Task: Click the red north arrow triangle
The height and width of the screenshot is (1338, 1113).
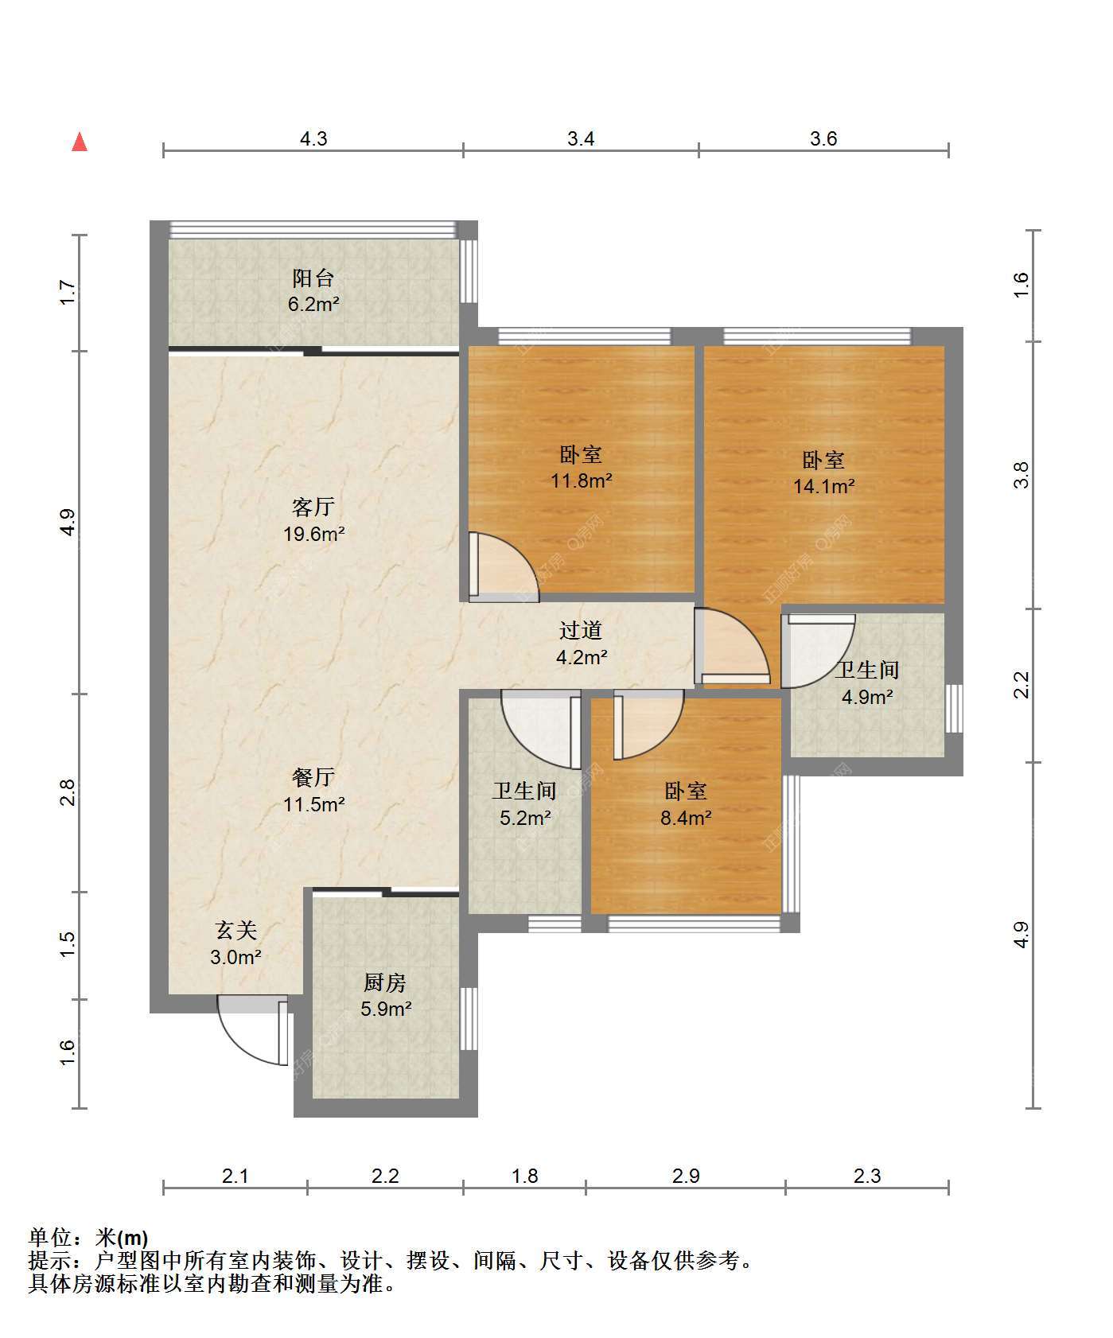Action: pyautogui.click(x=80, y=142)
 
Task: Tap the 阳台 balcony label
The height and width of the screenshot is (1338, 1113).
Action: pyautogui.click(x=313, y=278)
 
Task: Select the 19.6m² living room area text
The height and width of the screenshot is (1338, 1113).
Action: pyautogui.click(x=314, y=534)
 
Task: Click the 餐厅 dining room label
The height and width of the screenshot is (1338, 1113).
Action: pyautogui.click(x=313, y=777)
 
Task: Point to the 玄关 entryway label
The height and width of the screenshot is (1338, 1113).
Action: pyautogui.click(x=236, y=930)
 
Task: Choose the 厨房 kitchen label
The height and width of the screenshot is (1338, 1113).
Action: pyautogui.click(x=385, y=982)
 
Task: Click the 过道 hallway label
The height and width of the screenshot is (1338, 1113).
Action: pyautogui.click(x=581, y=631)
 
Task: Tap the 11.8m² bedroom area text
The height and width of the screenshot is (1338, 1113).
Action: pyautogui.click(x=582, y=480)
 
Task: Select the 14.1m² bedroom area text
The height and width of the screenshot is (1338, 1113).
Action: pyautogui.click(x=824, y=485)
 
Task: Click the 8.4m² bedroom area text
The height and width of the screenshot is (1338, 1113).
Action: pyautogui.click(x=686, y=817)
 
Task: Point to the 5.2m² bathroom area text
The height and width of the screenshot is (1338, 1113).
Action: pyautogui.click(x=525, y=817)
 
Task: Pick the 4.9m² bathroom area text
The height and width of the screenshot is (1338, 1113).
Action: pyautogui.click(x=867, y=697)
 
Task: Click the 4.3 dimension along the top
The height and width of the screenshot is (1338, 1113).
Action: pyautogui.click(x=313, y=139)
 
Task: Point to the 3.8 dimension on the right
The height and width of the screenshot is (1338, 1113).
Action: pyautogui.click(x=1022, y=476)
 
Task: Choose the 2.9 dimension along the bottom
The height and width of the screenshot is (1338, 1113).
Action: pyautogui.click(x=686, y=1176)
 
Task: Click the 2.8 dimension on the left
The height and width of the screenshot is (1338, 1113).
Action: pyautogui.click(x=69, y=792)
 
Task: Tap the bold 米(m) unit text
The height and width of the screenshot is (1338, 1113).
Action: pyautogui.click(x=122, y=1238)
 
